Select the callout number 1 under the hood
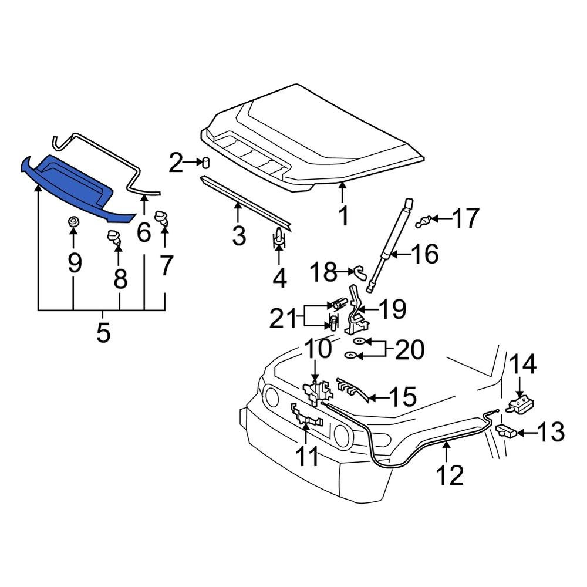pyautogui.click(x=343, y=215)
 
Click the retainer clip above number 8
pyautogui.click(x=115, y=238)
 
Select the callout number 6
pyautogui.click(x=144, y=233)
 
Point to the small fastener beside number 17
pyautogui.click(x=425, y=221)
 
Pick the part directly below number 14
pyautogui.click(x=521, y=404)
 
